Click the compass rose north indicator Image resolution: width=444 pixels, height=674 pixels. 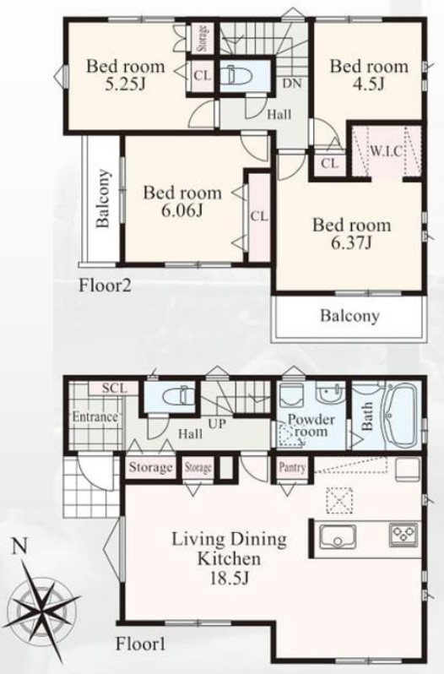click(19, 546)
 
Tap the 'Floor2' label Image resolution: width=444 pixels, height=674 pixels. click(105, 285)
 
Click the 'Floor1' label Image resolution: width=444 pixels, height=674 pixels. click(140, 644)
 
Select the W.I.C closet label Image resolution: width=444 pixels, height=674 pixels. click(386, 151)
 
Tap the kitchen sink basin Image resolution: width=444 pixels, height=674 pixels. click(337, 537)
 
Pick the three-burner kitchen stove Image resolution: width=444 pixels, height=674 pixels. click(403, 535)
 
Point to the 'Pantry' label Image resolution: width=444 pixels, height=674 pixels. click(292, 467)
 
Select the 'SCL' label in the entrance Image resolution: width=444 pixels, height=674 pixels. click(115, 389)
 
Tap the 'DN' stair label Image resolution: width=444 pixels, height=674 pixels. click(292, 84)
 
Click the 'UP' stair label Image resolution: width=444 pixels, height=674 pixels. click(217, 423)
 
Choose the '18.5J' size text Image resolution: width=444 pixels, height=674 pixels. click(230, 579)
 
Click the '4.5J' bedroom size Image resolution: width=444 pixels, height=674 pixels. click(369, 84)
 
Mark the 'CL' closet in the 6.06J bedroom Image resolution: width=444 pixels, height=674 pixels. click(259, 216)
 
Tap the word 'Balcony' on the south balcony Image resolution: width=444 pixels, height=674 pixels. click(349, 316)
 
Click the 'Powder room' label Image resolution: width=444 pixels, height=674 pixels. click(311, 425)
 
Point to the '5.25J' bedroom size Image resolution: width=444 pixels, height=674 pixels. click(126, 84)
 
